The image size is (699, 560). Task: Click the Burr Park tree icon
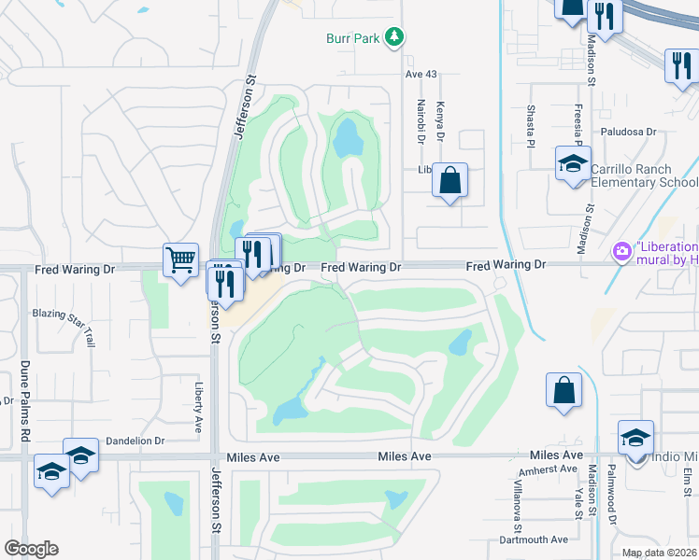pos(396,36)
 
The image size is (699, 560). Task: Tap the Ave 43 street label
pos(421,74)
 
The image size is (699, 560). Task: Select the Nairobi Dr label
pos(421,120)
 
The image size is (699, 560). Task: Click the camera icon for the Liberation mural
pos(620,251)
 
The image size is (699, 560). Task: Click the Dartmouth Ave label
pos(533,539)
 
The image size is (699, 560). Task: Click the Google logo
pos(31,549)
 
